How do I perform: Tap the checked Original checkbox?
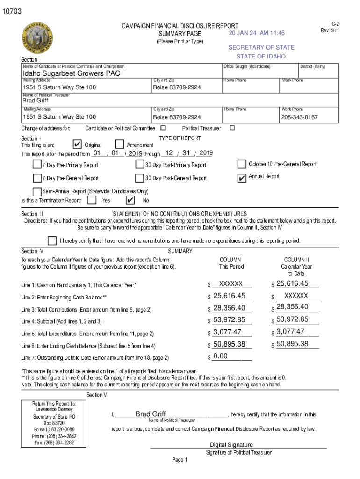click(78, 145)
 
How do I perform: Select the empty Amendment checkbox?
click(120, 145)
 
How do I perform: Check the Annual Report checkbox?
click(242, 178)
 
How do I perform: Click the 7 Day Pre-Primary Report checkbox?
click(37, 164)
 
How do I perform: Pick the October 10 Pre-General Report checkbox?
click(242, 164)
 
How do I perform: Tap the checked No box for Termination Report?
click(130, 200)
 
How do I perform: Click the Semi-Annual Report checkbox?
click(37, 191)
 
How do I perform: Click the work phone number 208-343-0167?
click(299, 117)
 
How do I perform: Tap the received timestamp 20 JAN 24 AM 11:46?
click(257, 33)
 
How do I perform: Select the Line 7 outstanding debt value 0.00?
click(220, 356)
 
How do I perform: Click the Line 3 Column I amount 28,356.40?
click(229, 307)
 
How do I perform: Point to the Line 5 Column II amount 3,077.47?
click(290, 332)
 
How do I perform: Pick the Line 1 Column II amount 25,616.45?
click(293, 283)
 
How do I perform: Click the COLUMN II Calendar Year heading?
click(296, 266)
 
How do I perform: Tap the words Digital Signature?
click(231, 445)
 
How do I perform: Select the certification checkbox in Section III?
click(52, 240)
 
